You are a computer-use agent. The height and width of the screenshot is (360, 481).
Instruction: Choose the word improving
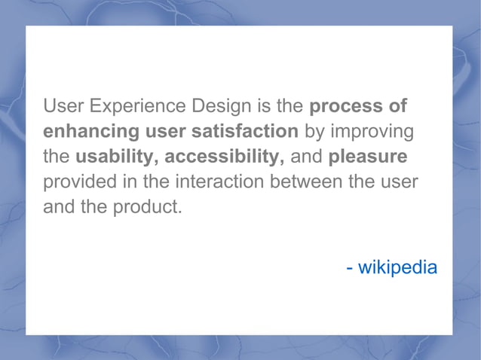372,131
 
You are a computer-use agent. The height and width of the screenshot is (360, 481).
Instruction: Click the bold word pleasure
369,157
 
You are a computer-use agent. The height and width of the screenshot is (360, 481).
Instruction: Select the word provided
83,182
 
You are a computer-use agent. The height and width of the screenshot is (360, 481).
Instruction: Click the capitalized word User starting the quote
63,106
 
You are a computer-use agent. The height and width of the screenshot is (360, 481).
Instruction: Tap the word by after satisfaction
314,132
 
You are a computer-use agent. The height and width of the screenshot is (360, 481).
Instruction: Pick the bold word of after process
398,106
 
